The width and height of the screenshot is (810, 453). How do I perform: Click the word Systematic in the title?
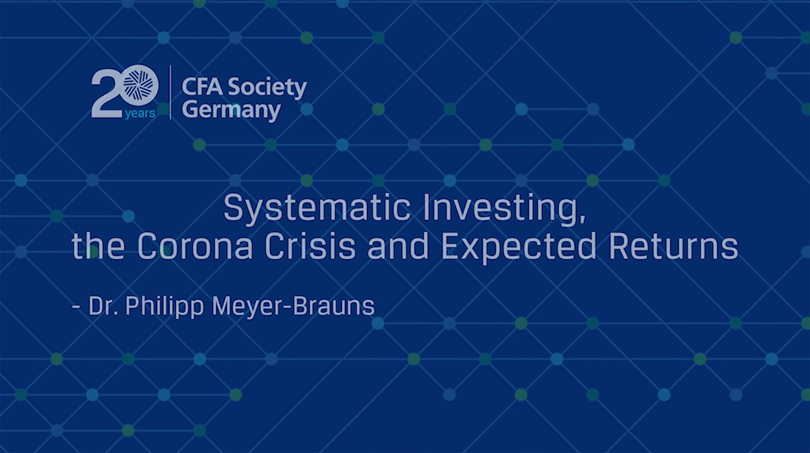click(317, 208)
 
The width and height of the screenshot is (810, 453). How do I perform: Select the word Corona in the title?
click(194, 247)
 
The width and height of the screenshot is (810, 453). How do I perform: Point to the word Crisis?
click(310, 247)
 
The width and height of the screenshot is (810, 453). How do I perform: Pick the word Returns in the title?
click(673, 247)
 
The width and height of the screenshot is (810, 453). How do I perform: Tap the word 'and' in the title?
click(398, 247)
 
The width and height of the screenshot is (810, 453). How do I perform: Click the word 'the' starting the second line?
click(98, 247)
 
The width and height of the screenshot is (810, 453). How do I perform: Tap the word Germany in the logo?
click(231, 111)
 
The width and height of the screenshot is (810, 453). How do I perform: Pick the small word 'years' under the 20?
click(140, 114)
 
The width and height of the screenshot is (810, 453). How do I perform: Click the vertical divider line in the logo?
click(170, 92)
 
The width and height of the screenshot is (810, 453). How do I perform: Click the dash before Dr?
click(76, 308)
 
